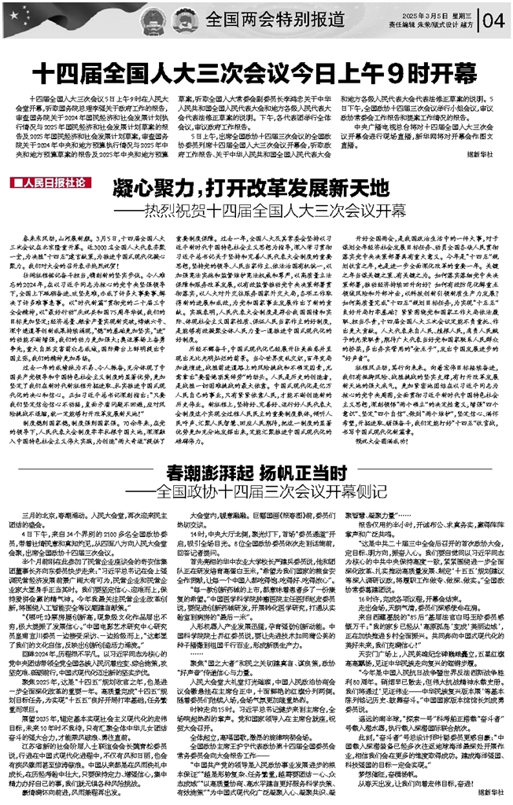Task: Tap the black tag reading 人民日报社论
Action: click(50, 183)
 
